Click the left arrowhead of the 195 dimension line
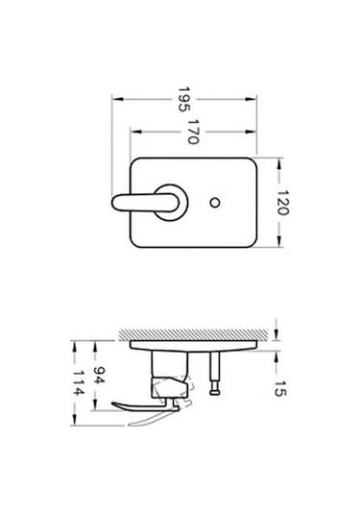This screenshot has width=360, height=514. [114, 98]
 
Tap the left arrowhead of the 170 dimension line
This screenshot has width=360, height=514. [132, 130]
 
